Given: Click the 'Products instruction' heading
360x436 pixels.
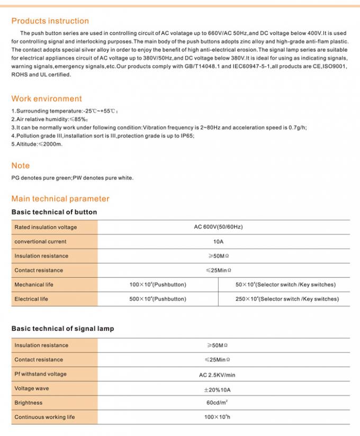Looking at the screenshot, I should [50, 21].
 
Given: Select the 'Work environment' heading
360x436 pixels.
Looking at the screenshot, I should [47, 99].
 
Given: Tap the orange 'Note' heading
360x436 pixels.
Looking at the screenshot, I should [21, 166].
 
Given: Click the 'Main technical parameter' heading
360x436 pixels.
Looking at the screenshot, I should [60, 199].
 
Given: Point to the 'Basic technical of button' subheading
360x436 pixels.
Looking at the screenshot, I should [54, 212].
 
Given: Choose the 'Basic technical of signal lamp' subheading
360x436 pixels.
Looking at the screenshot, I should [62, 329].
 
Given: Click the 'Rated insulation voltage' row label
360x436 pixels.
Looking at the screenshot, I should [46, 228].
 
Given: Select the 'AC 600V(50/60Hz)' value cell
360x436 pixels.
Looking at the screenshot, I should [218, 227].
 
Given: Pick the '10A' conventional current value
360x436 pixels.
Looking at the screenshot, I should [218, 242].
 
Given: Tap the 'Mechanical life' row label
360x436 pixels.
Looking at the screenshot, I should [34, 285].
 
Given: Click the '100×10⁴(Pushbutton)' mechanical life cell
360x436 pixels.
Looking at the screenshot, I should [158, 285].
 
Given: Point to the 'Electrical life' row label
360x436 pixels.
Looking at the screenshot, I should [31, 299].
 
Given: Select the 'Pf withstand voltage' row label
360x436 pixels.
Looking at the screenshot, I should [40, 374].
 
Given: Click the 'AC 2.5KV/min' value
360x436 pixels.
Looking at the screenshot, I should [218, 374].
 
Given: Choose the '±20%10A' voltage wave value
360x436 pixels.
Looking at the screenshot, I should [218, 388].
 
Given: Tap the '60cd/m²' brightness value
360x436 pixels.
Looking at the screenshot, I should [218, 403].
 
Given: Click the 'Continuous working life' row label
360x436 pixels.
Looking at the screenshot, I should [44, 417].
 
